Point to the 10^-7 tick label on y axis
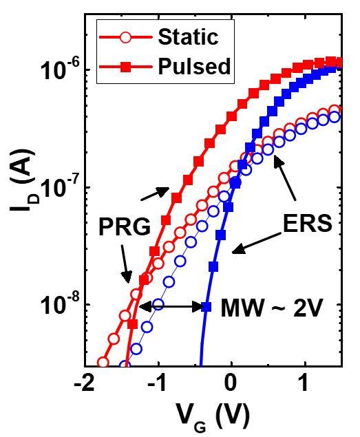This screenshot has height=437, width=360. (59, 186)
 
